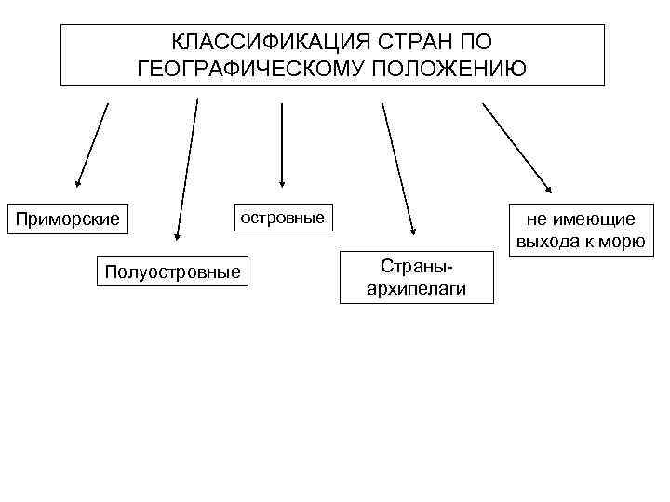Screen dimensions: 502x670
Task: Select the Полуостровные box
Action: tap(172, 271)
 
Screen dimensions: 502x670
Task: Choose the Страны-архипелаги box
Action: tap(416, 276)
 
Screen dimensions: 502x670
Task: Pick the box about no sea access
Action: tap(579, 231)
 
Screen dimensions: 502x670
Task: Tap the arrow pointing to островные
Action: tap(282, 144)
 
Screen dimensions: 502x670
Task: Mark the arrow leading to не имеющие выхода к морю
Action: tap(516, 144)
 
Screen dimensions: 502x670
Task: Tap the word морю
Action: tap(623, 243)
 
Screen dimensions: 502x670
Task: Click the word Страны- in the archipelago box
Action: tap(416, 264)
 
